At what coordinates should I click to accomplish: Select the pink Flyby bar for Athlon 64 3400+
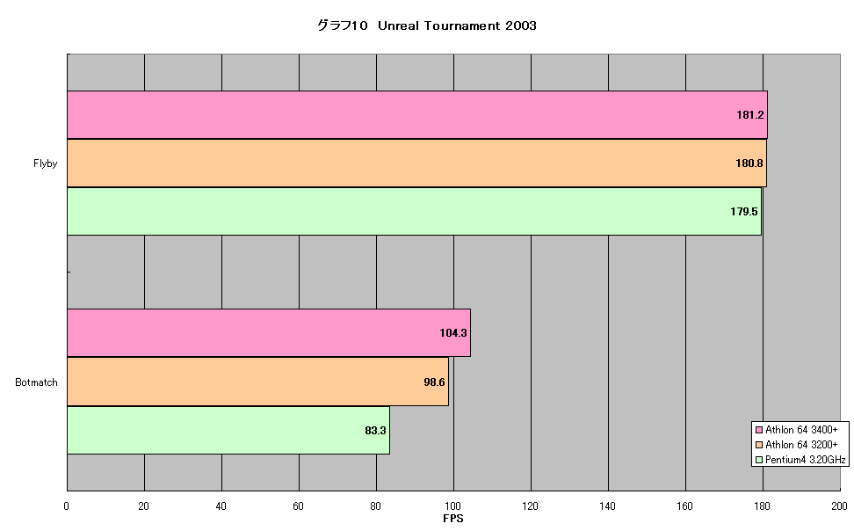[x=417, y=114]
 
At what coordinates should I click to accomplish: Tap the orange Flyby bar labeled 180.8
[x=416, y=163]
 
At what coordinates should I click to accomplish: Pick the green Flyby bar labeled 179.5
[x=414, y=212]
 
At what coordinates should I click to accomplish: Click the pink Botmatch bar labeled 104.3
[x=269, y=332]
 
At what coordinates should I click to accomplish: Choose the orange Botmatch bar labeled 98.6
[x=257, y=382]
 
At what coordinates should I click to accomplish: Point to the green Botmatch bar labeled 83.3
[x=228, y=430]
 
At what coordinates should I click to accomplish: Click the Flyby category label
[x=45, y=164]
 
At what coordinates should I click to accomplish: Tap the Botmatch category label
[x=36, y=382]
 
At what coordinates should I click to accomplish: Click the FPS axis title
[x=453, y=519]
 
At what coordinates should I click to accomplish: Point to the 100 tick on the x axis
[x=453, y=506]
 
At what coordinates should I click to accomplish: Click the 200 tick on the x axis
[x=839, y=506]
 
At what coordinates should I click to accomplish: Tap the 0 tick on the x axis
[x=67, y=506]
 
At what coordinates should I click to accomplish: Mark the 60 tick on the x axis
[x=299, y=506]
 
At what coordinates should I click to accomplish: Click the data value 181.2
[x=750, y=114]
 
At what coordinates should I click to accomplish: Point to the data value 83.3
[x=375, y=430]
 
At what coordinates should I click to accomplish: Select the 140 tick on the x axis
[x=608, y=506]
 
